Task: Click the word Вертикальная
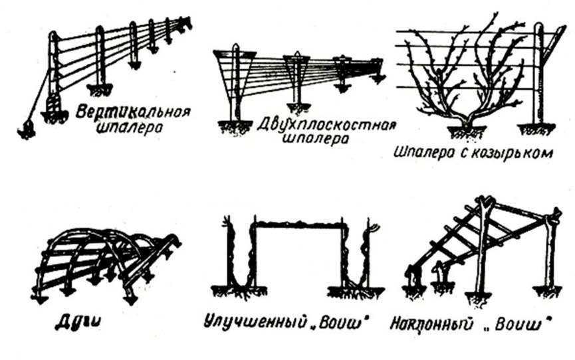click(x=134, y=112)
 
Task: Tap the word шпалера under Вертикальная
click(x=129, y=129)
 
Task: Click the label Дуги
click(x=78, y=323)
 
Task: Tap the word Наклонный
click(x=431, y=324)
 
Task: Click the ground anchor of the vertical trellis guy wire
click(x=27, y=130)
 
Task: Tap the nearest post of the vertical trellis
click(x=54, y=73)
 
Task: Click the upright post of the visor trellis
click(x=538, y=74)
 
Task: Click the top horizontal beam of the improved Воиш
click(x=298, y=224)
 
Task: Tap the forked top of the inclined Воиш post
click(x=485, y=203)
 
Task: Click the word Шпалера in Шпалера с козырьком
click(x=423, y=153)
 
